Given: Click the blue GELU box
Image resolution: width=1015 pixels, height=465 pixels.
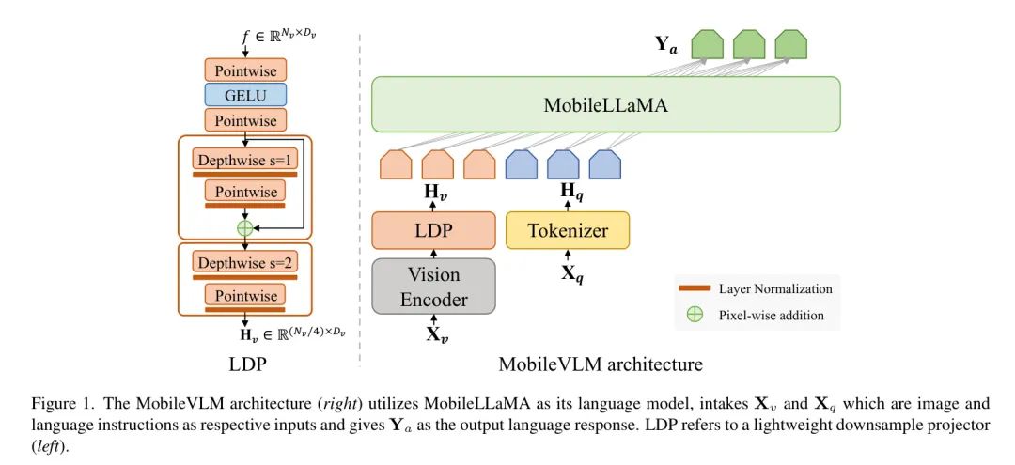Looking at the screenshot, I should (245, 95).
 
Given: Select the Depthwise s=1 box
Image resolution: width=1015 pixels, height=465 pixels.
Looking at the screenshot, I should (245, 159).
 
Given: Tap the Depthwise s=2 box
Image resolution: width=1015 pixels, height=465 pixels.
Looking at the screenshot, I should (245, 263).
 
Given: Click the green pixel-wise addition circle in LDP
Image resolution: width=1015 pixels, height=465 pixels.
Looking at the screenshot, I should (245, 227).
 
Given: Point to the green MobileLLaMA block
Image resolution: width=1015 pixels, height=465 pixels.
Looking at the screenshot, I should (606, 104).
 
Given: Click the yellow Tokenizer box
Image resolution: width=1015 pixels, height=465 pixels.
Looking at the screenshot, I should (568, 230).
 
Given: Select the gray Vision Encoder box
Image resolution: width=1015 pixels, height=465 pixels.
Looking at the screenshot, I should (433, 287).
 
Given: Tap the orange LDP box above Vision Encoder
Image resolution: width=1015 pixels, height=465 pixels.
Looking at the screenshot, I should (433, 230).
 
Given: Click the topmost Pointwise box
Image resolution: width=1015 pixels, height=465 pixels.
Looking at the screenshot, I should (245, 70).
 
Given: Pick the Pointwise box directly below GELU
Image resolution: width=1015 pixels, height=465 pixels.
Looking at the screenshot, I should (245, 120).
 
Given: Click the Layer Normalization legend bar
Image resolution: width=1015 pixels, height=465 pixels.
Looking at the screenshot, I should (695, 288).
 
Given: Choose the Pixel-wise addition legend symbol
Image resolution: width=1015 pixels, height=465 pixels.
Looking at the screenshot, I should (695, 315).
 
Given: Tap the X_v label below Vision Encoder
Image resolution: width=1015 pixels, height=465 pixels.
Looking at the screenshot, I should (433, 333).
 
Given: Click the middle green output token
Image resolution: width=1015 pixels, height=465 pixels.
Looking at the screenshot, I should (749, 44).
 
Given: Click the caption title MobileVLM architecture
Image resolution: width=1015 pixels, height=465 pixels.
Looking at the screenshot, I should (601, 364).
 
